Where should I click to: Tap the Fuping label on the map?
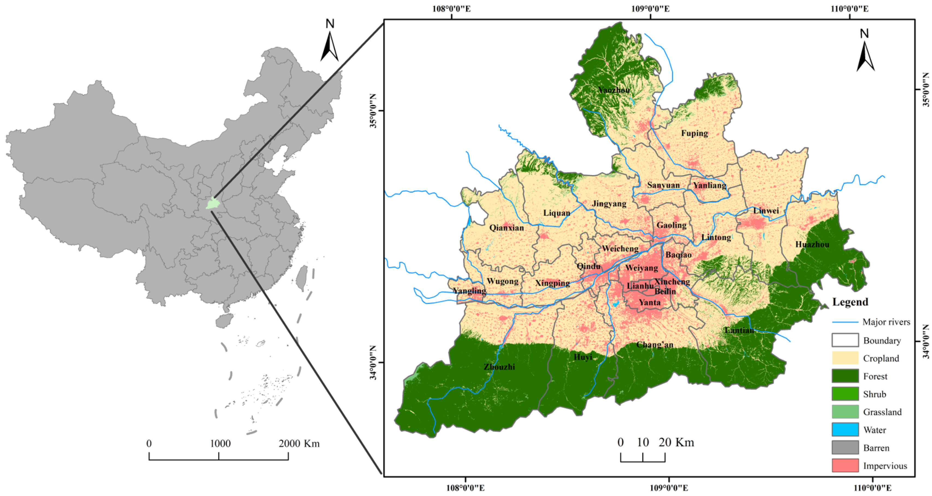(x=694, y=133)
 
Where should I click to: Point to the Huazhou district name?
(x=812, y=244)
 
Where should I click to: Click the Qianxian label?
(x=507, y=228)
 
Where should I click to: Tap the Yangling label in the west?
(x=469, y=291)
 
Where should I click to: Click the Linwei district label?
(x=766, y=211)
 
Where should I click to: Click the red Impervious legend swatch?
(x=845, y=466)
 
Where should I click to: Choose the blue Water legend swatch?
(x=845, y=430)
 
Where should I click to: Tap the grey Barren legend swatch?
(x=845, y=447)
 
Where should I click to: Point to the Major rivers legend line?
(x=845, y=322)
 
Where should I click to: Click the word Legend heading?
(x=850, y=302)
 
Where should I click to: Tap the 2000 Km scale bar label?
(x=299, y=444)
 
